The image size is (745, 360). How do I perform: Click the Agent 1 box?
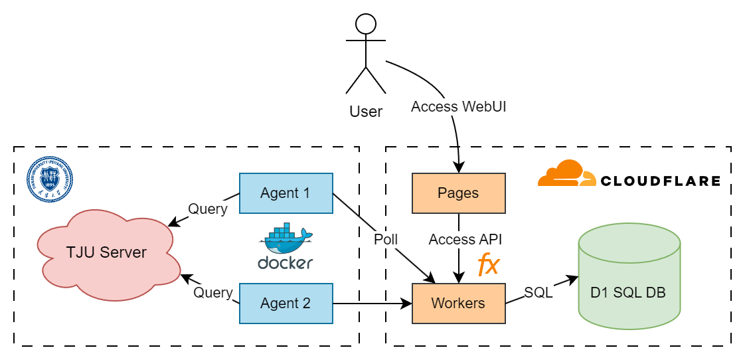[x=286, y=193]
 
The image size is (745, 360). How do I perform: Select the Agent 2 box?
[x=286, y=304]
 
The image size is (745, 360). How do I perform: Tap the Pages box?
[x=458, y=193]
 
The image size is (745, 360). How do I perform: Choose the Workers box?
[x=458, y=304]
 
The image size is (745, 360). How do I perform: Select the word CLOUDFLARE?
[x=660, y=181]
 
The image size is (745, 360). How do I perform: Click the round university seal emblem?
[x=50, y=179]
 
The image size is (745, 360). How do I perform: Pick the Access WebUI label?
[x=458, y=107]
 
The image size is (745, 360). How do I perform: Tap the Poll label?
[x=386, y=239]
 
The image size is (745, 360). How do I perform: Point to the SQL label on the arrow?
[x=538, y=292]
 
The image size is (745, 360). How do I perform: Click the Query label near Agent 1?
[x=207, y=209]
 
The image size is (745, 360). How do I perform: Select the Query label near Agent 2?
[x=212, y=292]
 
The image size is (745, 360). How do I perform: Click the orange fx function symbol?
[x=488, y=264]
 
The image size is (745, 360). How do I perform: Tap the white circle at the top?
[x=366, y=24]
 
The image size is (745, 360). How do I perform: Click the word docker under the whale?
[x=286, y=262]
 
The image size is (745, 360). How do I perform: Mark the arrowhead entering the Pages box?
[x=458, y=169]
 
